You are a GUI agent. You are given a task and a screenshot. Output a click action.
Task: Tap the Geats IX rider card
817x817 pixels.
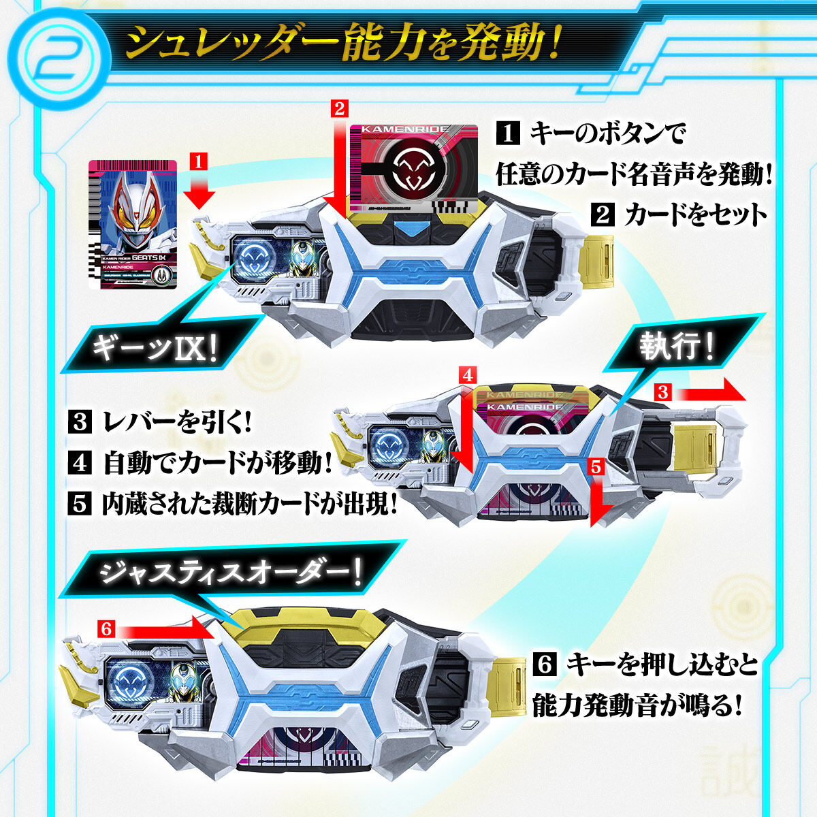tap(132, 225)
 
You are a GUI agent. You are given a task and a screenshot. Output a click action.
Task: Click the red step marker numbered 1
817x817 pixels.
tap(197, 162)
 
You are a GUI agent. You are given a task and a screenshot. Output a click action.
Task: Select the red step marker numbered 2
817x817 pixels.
tap(340, 106)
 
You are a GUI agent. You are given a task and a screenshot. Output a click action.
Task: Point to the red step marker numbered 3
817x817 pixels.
tap(664, 391)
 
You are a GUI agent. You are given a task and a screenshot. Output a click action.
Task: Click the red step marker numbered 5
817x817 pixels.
tap(595, 467)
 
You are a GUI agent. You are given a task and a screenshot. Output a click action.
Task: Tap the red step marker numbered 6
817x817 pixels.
tap(106, 628)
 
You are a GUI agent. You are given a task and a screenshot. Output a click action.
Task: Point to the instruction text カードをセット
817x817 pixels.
tap(694, 215)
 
